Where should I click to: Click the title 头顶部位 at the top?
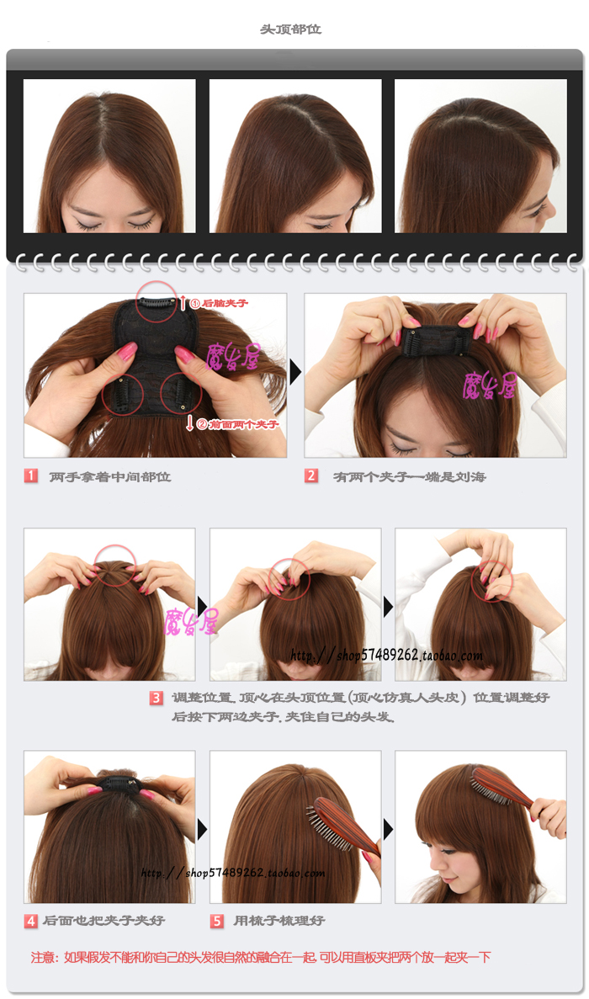click(290, 29)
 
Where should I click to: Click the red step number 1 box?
click(31, 476)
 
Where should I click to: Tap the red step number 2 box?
click(311, 476)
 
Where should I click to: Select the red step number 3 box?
click(157, 698)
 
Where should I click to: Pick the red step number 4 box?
click(31, 921)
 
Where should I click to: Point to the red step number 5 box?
click(217, 921)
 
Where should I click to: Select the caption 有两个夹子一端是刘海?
click(410, 476)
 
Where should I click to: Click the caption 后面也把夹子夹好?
click(103, 921)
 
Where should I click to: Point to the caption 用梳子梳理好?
click(279, 921)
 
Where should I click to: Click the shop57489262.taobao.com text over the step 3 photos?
click(387, 656)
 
